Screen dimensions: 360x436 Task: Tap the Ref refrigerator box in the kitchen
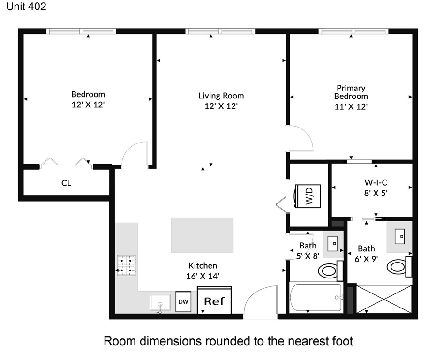coord(214,300)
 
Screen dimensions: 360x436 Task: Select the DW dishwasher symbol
coord(183,301)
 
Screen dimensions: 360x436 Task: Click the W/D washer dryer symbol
coord(308,195)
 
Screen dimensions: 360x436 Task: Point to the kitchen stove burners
coord(126,265)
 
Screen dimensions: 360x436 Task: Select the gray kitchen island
coord(202,235)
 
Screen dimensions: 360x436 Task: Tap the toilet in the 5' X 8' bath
coord(328,270)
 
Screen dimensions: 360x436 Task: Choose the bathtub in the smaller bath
coord(315,297)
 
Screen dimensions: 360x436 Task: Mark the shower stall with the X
coord(384,298)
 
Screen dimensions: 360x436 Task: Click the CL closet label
coord(67,183)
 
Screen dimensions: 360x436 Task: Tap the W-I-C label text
coord(376,182)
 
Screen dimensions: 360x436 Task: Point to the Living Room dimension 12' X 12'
coord(221,106)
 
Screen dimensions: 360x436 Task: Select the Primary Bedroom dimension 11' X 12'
coord(351,106)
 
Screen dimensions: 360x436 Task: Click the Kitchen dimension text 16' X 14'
coord(203,276)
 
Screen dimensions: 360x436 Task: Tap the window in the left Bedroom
coord(81,31)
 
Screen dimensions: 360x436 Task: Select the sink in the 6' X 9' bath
coord(400,236)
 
